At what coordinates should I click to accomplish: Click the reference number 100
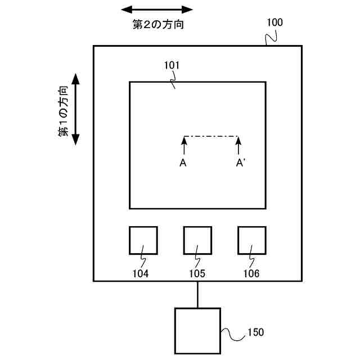[275, 23]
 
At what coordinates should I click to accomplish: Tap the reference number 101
[172, 65]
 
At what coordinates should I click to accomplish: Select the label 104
[141, 274]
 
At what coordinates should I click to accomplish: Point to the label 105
[197, 274]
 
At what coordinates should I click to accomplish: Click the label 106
[251, 274]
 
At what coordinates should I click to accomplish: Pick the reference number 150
[255, 332]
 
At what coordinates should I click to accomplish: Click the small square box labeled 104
[143, 240]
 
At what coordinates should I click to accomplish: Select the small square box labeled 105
[197, 240]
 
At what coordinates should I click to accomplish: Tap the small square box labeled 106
[251, 240]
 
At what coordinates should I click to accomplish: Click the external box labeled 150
[197, 331]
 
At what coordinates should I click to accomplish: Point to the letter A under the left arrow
[183, 163]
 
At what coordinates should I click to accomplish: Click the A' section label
[240, 163]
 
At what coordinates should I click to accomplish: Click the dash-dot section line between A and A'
[211, 136]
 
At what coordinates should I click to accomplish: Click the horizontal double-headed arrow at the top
[157, 9]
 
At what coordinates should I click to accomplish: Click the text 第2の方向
[157, 24]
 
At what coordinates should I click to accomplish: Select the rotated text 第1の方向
[64, 111]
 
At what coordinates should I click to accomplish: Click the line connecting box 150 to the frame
[197, 294]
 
